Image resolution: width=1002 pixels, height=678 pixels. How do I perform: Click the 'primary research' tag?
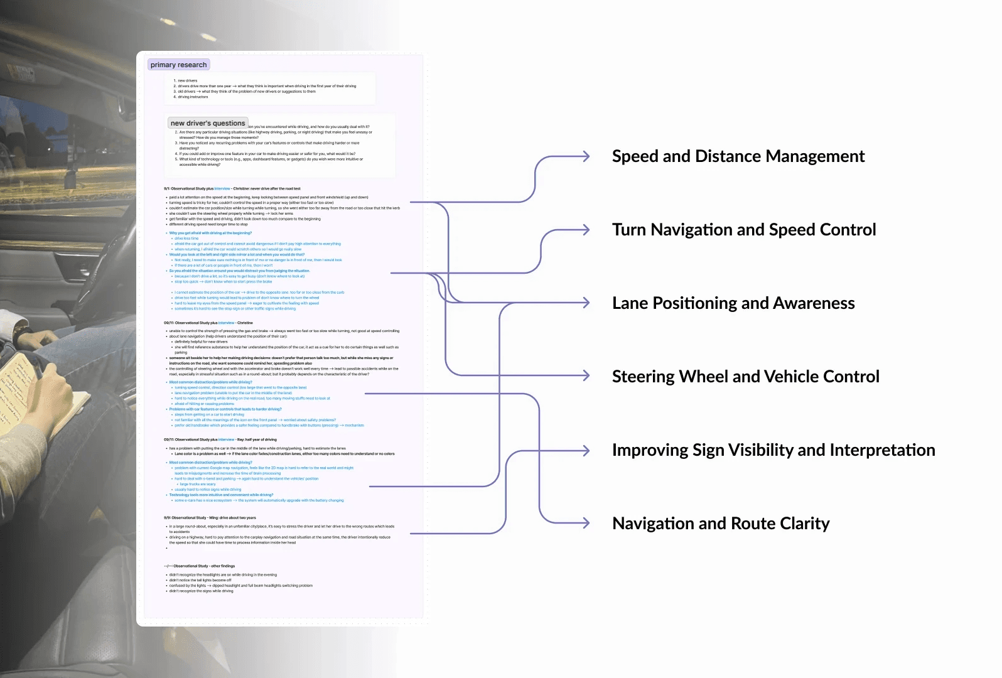pyautogui.click(x=178, y=65)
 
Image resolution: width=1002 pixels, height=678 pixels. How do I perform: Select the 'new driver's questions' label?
pyautogui.click(x=208, y=123)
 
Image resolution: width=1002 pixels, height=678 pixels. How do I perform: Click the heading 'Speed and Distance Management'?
pyautogui.click(x=738, y=156)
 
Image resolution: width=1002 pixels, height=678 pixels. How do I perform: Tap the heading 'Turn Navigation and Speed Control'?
pyautogui.click(x=744, y=230)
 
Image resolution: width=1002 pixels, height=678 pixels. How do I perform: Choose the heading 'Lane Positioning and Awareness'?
pyautogui.click(x=733, y=303)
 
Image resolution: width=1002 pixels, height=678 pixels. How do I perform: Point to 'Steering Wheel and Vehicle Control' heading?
pyautogui.click(x=745, y=377)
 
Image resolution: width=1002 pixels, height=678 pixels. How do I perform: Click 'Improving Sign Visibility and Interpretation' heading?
pyautogui.click(x=773, y=450)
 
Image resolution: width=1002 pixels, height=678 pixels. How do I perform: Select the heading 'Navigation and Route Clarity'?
pyautogui.click(x=721, y=524)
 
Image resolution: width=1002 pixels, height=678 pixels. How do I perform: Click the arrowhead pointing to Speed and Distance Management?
pyautogui.click(x=586, y=156)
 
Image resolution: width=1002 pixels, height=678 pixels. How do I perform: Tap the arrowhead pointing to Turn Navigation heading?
pyautogui.click(x=586, y=230)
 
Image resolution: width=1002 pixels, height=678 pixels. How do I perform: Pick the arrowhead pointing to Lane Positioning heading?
pyautogui.click(x=586, y=303)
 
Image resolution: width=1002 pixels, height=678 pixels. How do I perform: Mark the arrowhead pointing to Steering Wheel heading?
pyautogui.click(x=586, y=375)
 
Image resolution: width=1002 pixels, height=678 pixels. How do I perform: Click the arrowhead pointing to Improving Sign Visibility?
pyautogui.click(x=586, y=450)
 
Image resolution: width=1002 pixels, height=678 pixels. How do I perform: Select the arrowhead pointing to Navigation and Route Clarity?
pyautogui.click(x=586, y=523)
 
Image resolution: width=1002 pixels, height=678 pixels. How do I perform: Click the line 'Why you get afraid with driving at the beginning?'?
pyautogui.click(x=210, y=233)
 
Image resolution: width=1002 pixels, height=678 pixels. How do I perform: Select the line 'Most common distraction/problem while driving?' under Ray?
pyautogui.click(x=210, y=463)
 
